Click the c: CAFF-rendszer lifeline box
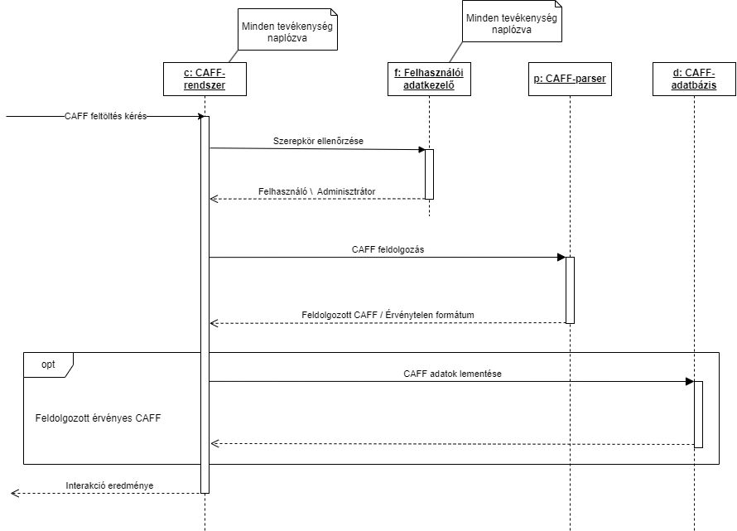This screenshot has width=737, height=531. [x=205, y=79]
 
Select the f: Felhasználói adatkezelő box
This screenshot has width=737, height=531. [x=429, y=79]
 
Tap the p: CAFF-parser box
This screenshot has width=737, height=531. [x=570, y=79]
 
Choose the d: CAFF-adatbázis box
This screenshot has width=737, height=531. [x=694, y=79]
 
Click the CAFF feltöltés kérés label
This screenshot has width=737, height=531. [x=105, y=116]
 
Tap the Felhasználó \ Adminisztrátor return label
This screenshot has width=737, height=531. [x=316, y=191]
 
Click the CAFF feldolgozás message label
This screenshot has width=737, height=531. [x=387, y=249]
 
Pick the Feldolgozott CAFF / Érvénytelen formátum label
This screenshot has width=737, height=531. [x=387, y=315]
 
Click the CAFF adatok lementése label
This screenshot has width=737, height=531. [x=452, y=374]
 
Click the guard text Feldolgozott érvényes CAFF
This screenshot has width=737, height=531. [x=98, y=418]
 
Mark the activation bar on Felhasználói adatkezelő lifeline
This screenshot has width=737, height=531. [x=429, y=174]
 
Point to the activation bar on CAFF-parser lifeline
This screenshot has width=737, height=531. [x=570, y=290]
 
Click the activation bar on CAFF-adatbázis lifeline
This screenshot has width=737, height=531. [x=698, y=414]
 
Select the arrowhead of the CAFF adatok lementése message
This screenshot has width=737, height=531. [x=689, y=381]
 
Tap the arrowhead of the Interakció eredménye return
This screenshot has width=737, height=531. [x=15, y=493]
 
